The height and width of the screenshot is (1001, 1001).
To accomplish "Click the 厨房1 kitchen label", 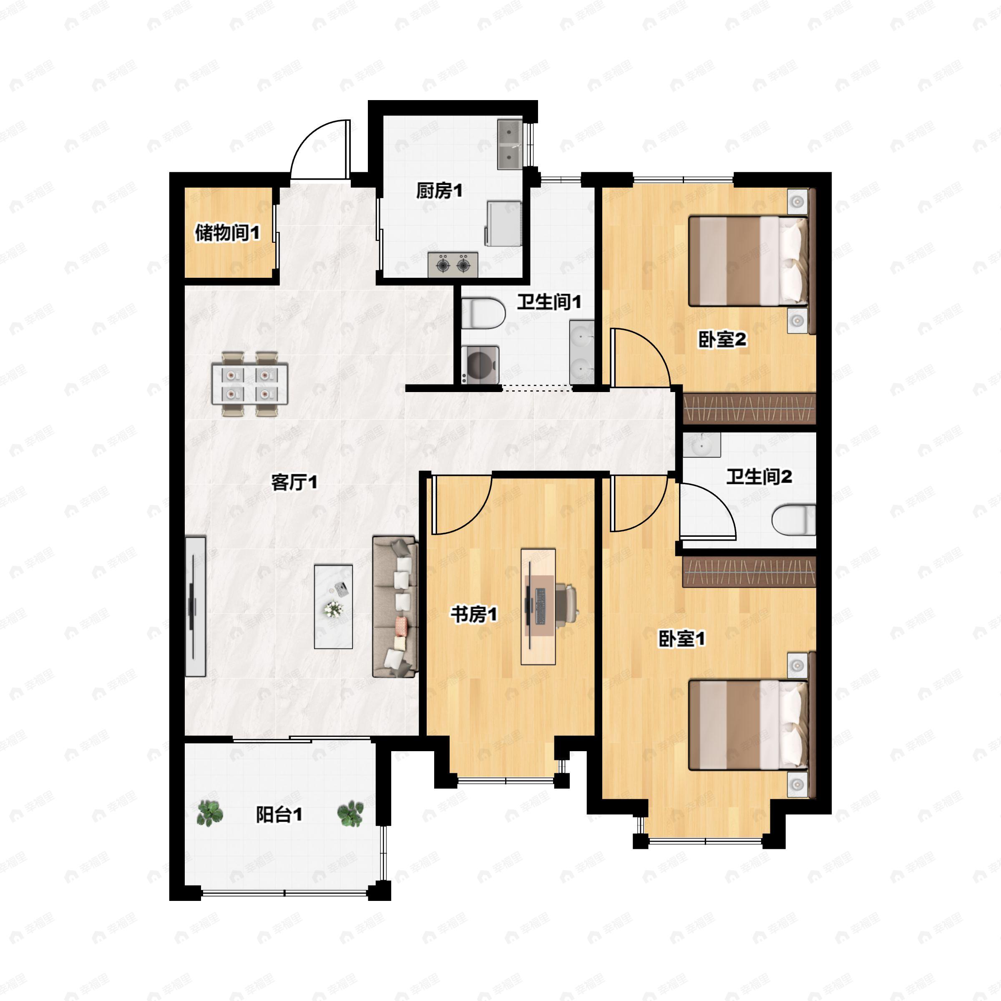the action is click(439, 191).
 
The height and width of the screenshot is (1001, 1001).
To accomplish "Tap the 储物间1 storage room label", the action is click(227, 233).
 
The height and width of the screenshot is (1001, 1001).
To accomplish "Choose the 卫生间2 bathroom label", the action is click(759, 477).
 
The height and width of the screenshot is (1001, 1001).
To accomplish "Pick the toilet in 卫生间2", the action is click(793, 520).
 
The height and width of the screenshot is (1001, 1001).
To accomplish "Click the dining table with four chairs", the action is click(250, 384).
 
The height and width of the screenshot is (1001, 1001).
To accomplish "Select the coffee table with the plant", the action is click(334, 606).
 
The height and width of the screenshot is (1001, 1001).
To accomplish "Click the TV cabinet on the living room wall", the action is click(195, 606).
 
